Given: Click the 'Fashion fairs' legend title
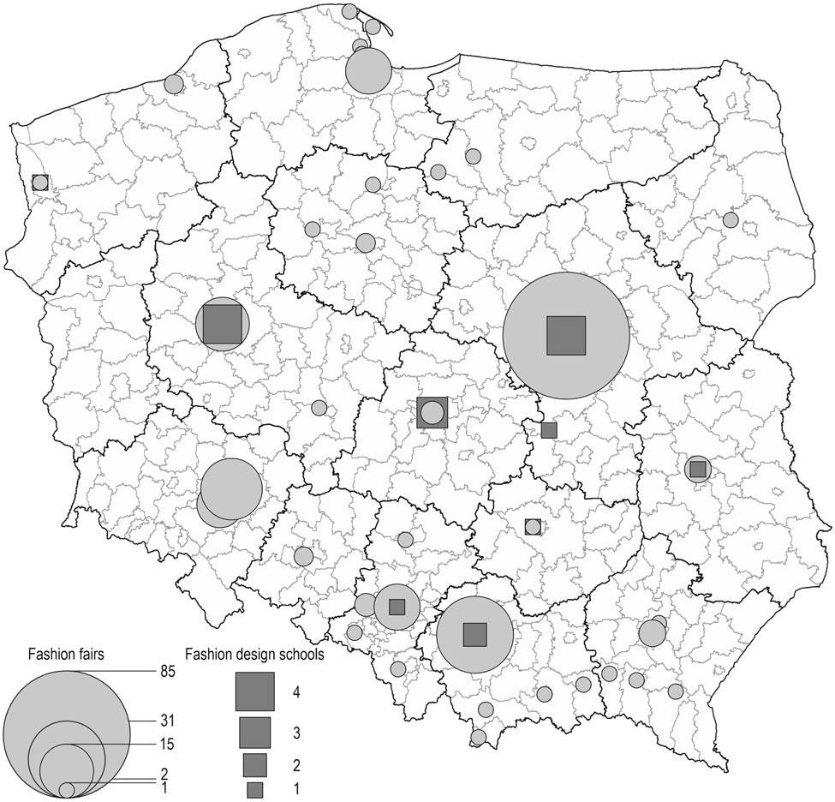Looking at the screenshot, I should [x=66, y=655].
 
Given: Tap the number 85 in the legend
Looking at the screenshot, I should [x=166, y=671].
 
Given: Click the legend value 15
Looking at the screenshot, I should [x=166, y=742].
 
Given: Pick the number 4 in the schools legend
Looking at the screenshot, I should [x=295, y=691].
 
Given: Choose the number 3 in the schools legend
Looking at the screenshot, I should [x=295, y=733].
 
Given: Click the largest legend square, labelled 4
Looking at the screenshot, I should [x=255, y=691].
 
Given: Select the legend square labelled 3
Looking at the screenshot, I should [x=254, y=733].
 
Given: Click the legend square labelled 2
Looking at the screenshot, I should [x=254, y=763].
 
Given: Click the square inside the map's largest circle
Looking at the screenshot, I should [x=566, y=335].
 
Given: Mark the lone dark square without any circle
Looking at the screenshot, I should [x=549, y=429].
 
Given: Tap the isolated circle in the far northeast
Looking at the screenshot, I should [x=731, y=220].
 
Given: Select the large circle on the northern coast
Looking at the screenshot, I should [x=369, y=71].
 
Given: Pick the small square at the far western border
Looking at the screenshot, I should [x=39, y=182].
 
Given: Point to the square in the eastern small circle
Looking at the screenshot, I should [x=697, y=469].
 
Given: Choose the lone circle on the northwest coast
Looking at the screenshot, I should [x=174, y=84].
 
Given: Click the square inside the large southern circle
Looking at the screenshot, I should [x=474, y=634].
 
